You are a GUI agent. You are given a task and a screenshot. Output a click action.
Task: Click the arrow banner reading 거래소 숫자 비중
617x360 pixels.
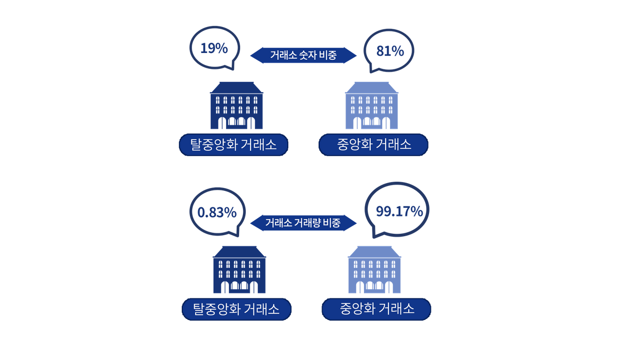pos(303,55)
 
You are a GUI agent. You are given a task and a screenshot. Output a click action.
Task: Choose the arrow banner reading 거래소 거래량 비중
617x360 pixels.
pos(303,223)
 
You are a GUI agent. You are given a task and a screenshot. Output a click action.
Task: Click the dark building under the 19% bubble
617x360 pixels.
pos(236,105)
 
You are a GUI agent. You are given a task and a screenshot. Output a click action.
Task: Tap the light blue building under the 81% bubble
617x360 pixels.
pos(372,105)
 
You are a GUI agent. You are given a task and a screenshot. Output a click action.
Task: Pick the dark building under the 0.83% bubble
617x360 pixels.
pos(239,269)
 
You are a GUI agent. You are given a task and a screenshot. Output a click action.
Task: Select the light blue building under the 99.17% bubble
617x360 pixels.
pos(375,269)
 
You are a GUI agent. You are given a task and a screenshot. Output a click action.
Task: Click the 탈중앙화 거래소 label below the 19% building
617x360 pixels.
pos(234,145)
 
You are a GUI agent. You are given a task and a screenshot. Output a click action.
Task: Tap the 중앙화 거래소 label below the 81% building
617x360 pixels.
pos(374,145)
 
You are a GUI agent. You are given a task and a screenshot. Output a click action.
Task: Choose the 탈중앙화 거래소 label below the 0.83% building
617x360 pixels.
pos(237,309)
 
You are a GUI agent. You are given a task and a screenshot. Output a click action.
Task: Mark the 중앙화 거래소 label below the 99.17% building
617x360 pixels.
pos(376,309)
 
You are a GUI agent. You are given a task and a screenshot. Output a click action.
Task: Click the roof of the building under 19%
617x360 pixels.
pos(236,88)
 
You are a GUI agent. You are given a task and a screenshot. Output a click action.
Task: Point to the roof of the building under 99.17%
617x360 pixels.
pos(375,252)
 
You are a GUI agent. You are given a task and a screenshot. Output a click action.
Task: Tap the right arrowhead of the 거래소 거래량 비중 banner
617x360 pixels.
pos(350,223)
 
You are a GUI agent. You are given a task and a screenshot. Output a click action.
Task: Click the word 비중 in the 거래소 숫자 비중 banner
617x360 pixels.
pos(328,55)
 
